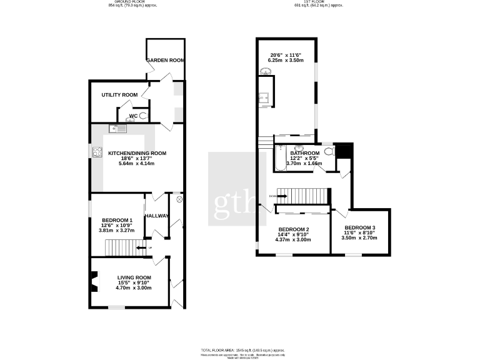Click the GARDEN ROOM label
[x=166, y=61]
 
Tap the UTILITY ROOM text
[x=119, y=95]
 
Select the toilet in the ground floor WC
[x=144, y=116]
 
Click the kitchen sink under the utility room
[x=117, y=129]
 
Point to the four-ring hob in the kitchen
[x=98, y=151]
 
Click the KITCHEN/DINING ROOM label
[x=137, y=153]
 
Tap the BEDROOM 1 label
[x=117, y=221]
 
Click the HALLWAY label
[x=156, y=216]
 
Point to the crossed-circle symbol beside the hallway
[x=179, y=199]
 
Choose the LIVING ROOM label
[x=134, y=277]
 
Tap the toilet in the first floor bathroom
[x=328, y=151]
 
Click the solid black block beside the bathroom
[x=344, y=151]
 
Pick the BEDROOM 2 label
[x=294, y=229]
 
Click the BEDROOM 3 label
[x=360, y=227]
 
